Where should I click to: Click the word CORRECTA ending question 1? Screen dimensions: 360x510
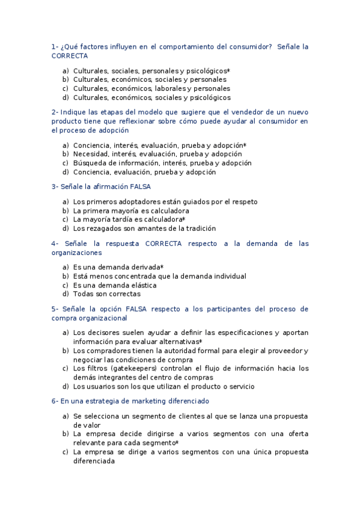(x=70, y=56)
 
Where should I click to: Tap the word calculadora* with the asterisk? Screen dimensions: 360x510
(x=164, y=220)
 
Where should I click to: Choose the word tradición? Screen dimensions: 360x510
(x=198, y=229)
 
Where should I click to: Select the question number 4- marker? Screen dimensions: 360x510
(x=55, y=244)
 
